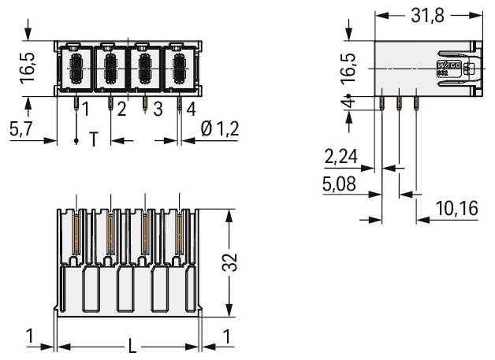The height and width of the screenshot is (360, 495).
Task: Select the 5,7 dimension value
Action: [x=20, y=131]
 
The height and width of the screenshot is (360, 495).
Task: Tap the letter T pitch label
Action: [x=93, y=140]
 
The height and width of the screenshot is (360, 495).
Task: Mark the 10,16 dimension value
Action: [x=456, y=210]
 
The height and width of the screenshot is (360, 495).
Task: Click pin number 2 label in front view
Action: [x=121, y=109]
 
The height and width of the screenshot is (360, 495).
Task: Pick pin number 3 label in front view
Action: [x=158, y=109]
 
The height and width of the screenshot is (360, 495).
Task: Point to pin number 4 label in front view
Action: [x=191, y=109]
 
